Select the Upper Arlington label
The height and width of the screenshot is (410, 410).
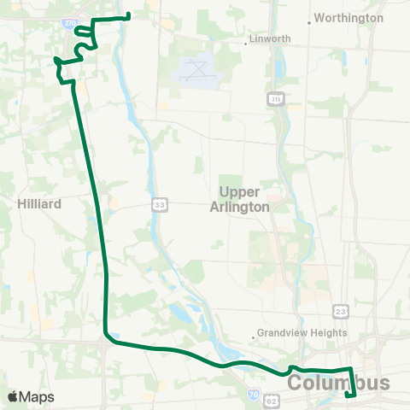pyautogui.click(x=244, y=199)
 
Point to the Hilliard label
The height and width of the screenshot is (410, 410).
pyautogui.click(x=37, y=203)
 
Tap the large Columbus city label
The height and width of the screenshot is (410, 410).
pyautogui.click(x=338, y=384)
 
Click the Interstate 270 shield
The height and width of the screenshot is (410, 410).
pyautogui.click(x=68, y=25)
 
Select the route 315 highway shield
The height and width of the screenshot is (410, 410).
pyautogui.click(x=274, y=100)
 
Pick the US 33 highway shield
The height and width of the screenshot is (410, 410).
pyautogui.click(x=160, y=204)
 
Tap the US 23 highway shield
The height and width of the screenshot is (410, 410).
pyautogui.click(x=340, y=312)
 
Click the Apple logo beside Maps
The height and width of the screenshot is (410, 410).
pyautogui.click(x=13, y=396)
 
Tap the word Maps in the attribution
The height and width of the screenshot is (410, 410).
pyautogui.click(x=37, y=396)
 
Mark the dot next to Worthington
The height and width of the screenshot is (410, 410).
pyautogui.click(x=310, y=17)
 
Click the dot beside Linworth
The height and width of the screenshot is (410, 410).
pyautogui.click(x=247, y=39)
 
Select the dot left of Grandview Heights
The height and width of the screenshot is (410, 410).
pyautogui.click(x=255, y=333)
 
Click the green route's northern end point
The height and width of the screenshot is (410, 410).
pyautogui.click(x=127, y=15)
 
